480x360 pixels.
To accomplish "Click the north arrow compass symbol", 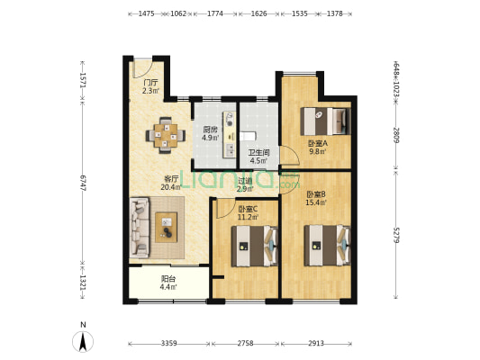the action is [x=83, y=341].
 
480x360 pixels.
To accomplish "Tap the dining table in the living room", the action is [x=166, y=135].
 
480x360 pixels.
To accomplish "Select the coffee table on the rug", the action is [x=166, y=228].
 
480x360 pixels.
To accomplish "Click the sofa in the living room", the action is [x=140, y=228].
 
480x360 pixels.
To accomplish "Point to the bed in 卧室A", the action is [x=325, y=121].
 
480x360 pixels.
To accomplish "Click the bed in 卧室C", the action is [x=254, y=247].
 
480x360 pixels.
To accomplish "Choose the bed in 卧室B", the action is [x=327, y=246].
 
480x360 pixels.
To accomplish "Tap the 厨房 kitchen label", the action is [x=211, y=130].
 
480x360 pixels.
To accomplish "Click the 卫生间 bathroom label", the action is [x=258, y=153].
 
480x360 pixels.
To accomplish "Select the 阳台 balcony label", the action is [x=168, y=279].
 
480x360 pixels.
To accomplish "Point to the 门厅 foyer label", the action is [x=150, y=83].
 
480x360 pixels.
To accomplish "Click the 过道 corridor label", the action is [x=246, y=181].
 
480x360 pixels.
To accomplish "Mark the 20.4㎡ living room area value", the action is [x=171, y=187].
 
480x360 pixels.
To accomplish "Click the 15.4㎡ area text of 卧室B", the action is [x=316, y=202].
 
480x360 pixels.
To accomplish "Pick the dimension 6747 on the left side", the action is [x=82, y=184].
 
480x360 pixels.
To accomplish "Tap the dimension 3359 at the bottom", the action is [x=169, y=344].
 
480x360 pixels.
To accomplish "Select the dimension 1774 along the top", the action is [x=215, y=13].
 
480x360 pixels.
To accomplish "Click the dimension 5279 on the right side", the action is [x=396, y=235].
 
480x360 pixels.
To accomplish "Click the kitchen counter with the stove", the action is [x=230, y=135].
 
